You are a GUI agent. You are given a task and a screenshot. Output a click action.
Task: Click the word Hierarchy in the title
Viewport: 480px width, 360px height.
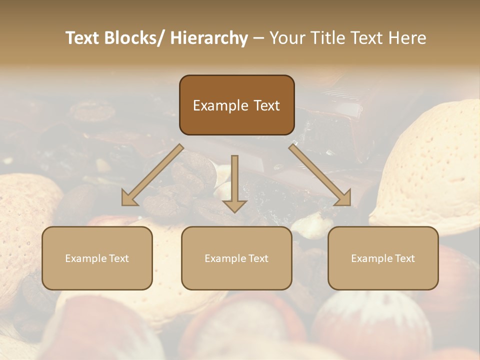coord(209,38)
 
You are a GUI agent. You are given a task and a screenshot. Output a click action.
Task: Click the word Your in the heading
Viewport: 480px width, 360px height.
coord(286,38)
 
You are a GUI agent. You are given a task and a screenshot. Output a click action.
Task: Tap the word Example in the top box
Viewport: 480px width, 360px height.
coord(220,105)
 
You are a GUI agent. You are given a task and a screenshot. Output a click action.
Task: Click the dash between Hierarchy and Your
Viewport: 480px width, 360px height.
coord(258,38)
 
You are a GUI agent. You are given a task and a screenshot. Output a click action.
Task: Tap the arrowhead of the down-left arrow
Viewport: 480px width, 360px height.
coord(129,199)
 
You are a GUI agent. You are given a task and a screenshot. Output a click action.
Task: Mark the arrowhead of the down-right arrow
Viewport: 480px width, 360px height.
coord(344,198)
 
